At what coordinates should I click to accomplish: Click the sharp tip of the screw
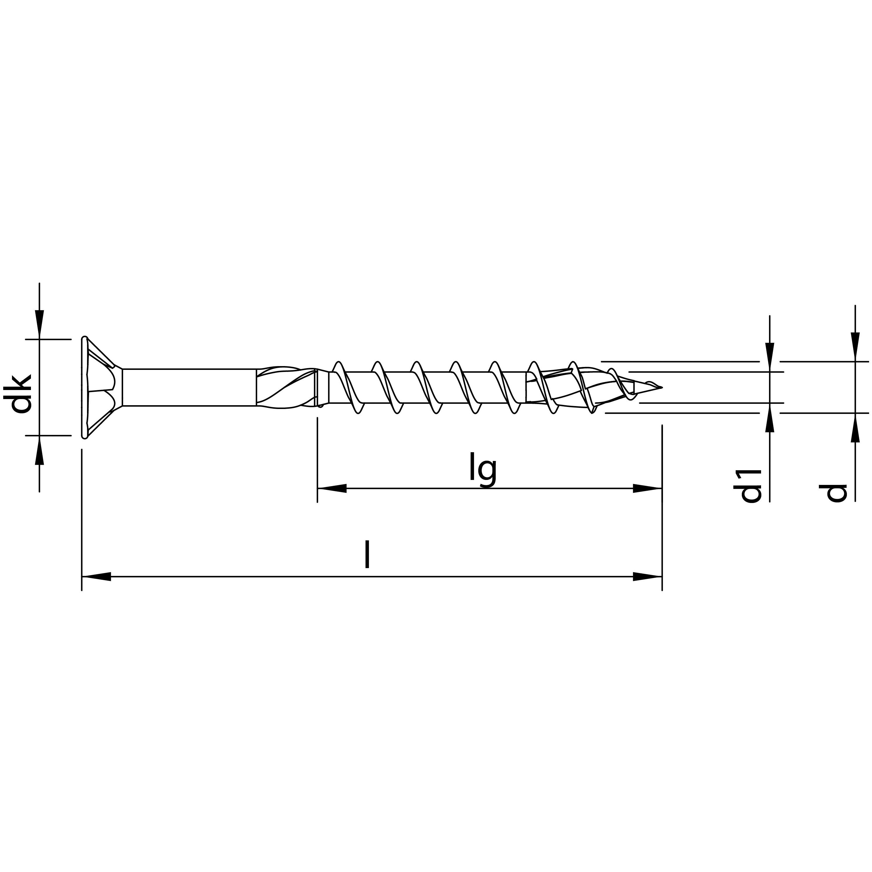[660, 387]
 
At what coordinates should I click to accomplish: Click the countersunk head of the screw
[99, 387]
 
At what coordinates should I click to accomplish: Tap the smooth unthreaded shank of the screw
[189, 387]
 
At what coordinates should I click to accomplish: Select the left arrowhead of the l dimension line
[97, 576]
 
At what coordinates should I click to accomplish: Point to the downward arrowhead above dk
[40, 324]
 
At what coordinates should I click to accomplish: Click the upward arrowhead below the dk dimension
[40, 450]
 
